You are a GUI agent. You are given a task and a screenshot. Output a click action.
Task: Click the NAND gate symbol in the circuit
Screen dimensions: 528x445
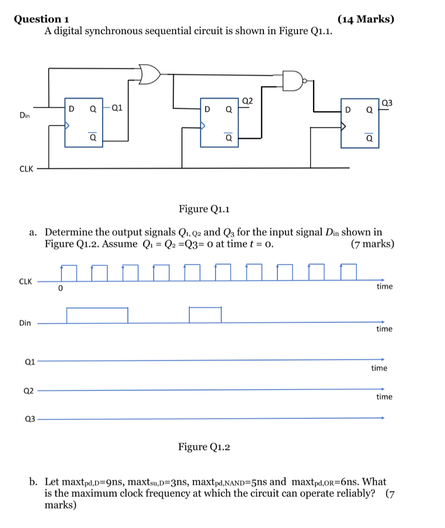click(x=293, y=80)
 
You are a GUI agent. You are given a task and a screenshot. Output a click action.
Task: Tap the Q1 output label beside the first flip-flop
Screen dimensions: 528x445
click(x=117, y=108)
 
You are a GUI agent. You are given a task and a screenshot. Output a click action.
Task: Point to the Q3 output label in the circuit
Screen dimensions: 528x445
click(x=387, y=103)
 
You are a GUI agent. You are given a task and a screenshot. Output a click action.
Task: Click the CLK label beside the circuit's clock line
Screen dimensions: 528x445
click(x=26, y=169)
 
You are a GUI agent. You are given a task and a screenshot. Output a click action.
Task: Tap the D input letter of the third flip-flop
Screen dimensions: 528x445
click(x=348, y=109)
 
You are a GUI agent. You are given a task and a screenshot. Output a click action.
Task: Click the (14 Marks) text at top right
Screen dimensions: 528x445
click(x=366, y=20)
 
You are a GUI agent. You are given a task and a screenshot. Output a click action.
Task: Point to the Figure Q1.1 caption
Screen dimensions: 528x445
click(x=204, y=209)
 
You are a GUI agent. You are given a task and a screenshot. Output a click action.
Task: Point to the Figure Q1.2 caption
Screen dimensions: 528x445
click(x=204, y=447)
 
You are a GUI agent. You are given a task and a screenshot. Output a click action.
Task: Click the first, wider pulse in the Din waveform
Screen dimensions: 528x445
click(x=97, y=315)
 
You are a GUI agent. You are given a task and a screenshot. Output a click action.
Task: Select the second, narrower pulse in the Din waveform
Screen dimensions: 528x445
click(x=205, y=315)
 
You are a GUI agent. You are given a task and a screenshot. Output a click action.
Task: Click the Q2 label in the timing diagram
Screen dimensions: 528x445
click(x=29, y=391)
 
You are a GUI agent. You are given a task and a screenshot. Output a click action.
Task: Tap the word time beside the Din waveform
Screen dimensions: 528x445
click(x=384, y=328)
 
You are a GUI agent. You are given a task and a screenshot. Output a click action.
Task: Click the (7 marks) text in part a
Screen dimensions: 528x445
click(x=372, y=244)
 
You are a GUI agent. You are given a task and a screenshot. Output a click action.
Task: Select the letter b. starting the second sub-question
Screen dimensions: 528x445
click(x=34, y=482)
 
